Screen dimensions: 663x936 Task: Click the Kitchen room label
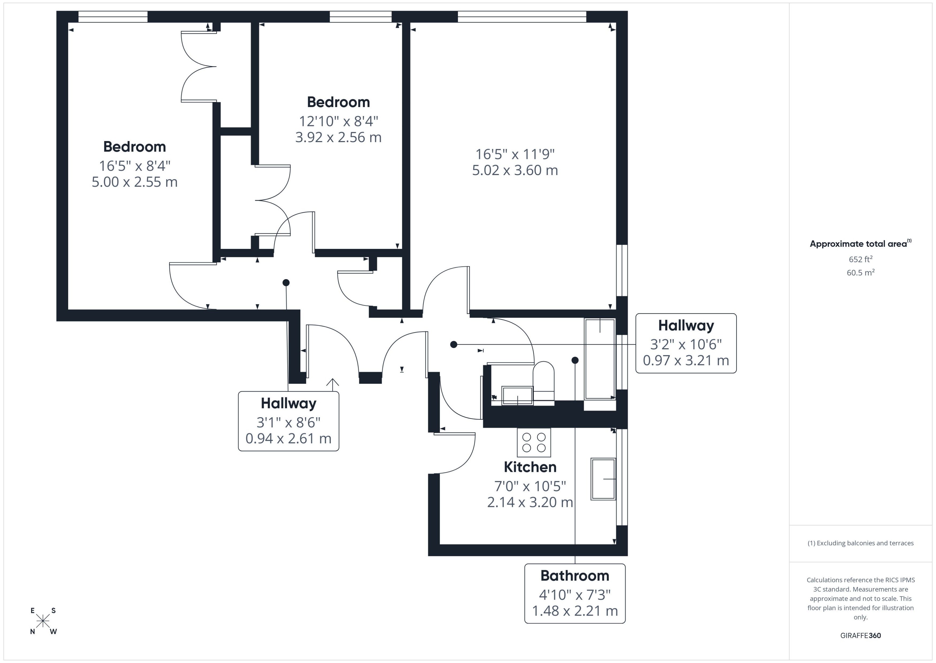[530, 467]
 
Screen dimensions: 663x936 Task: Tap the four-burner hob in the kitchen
[534, 442]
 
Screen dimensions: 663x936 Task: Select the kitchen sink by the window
[603, 479]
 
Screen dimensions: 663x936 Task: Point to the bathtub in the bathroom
[600, 359]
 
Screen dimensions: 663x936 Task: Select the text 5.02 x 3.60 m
[515, 170]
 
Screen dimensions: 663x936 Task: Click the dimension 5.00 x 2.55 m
[134, 182]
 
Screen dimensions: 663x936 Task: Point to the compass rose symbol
[43, 621]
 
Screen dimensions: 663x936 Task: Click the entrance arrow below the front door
[332, 383]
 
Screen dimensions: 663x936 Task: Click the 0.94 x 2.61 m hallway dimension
[288, 438]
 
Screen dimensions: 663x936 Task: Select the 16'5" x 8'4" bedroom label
[134, 166]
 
